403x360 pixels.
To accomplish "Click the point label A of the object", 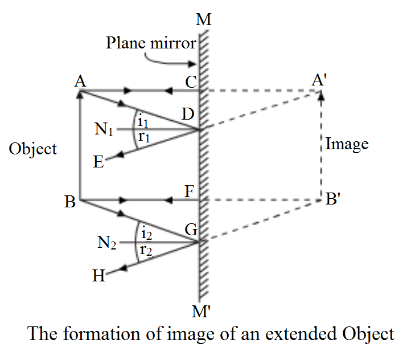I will (80, 82).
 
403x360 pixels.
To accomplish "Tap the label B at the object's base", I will (70, 202).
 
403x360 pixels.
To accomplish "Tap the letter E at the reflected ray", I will (98, 162).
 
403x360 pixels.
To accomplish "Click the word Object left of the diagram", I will (33, 149).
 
